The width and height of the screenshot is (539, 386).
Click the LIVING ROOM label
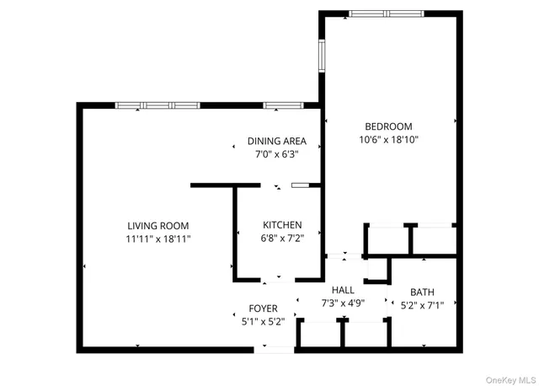(158, 225)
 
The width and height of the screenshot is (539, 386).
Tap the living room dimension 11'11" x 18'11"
(158, 239)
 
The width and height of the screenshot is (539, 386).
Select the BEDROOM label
(387, 126)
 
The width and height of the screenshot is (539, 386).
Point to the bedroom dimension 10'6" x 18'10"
(387, 140)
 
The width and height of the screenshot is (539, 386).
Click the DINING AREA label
(276, 141)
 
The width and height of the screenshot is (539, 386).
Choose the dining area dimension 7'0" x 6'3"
(276, 154)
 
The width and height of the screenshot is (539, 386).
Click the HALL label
(343, 289)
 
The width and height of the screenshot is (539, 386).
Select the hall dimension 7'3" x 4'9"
(343, 303)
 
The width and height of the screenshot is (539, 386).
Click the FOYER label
(262, 308)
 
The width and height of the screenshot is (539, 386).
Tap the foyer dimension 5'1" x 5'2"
(262, 321)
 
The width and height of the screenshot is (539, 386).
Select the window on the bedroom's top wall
(387, 13)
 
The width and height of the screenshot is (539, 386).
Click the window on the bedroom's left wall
(321, 56)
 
